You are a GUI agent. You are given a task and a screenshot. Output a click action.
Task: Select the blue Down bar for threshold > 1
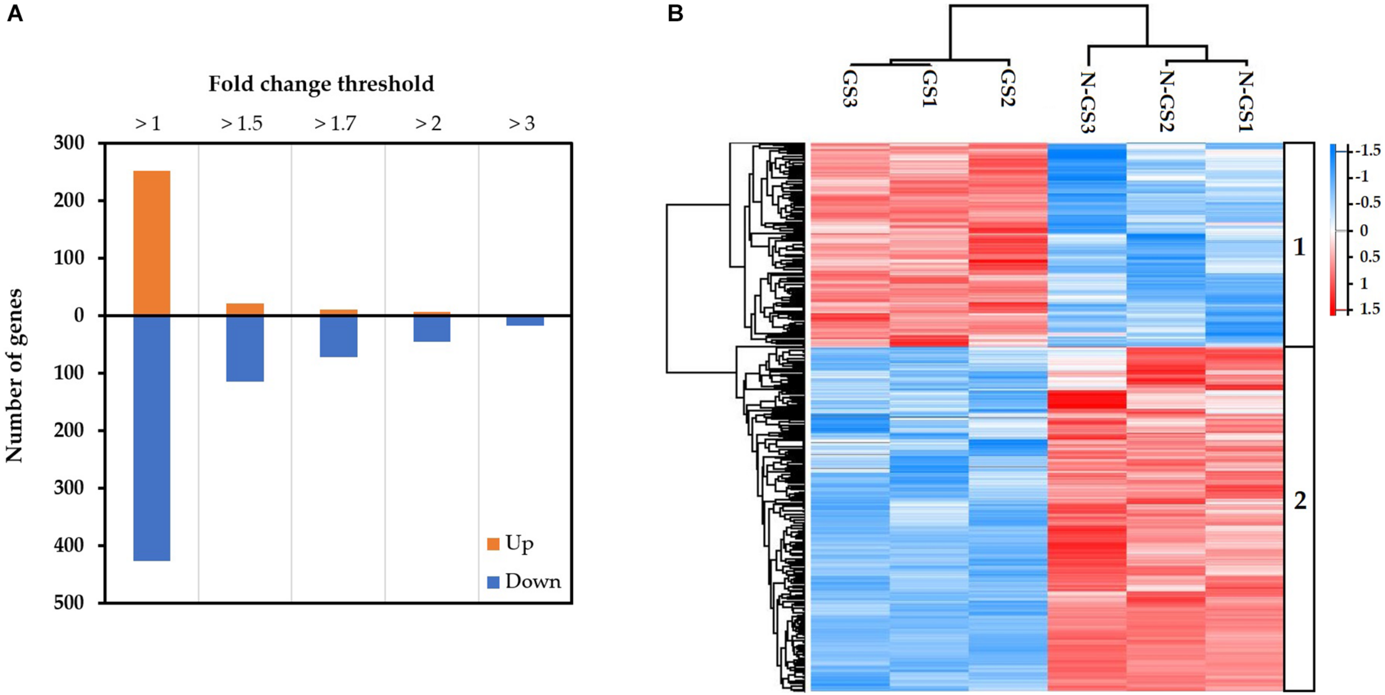click(151, 437)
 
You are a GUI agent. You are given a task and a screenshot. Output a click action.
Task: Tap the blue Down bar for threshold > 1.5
click(245, 348)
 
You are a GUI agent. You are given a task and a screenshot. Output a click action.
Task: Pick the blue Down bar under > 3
click(525, 321)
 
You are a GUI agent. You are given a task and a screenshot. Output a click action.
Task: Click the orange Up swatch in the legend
click(493, 544)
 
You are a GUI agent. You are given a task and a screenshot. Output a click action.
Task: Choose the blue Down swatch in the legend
click(493, 582)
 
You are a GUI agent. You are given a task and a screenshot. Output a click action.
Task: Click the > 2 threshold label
click(428, 123)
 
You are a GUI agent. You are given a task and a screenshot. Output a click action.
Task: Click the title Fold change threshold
click(321, 84)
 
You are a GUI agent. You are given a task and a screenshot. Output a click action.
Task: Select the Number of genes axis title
click(14, 375)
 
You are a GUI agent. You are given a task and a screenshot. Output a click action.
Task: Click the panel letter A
click(15, 13)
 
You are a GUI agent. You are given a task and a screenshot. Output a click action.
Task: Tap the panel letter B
click(675, 13)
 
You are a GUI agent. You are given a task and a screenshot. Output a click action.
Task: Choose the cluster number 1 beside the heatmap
click(1299, 248)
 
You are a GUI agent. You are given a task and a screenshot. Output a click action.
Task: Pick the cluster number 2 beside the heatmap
click(1299, 501)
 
